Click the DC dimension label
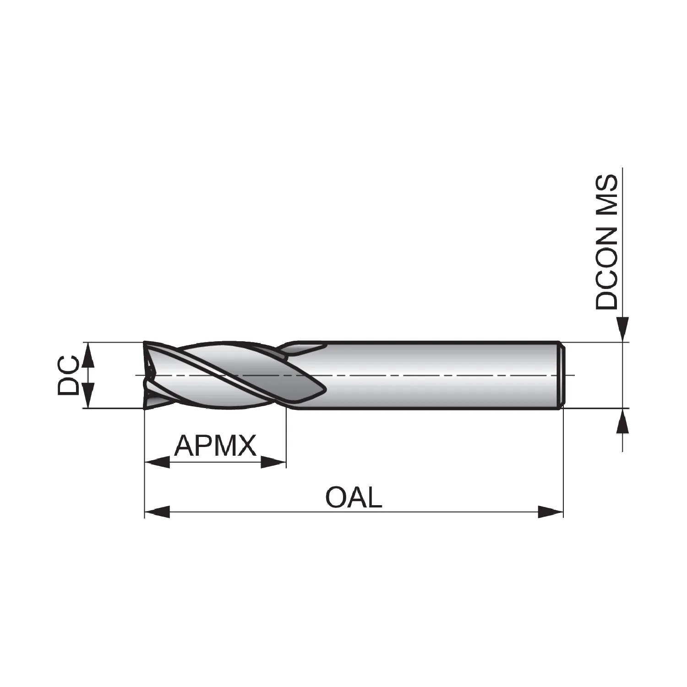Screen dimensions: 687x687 click(x=68, y=375)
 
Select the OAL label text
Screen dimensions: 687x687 click(x=354, y=497)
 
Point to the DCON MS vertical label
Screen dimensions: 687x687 click(x=606, y=243)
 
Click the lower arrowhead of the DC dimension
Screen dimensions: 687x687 click(x=89, y=395)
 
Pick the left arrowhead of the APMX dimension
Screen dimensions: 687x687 click(x=157, y=462)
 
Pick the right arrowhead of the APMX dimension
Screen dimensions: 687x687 click(x=273, y=462)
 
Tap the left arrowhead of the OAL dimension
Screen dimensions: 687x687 click(x=157, y=512)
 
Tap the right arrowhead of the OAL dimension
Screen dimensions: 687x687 click(x=550, y=512)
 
